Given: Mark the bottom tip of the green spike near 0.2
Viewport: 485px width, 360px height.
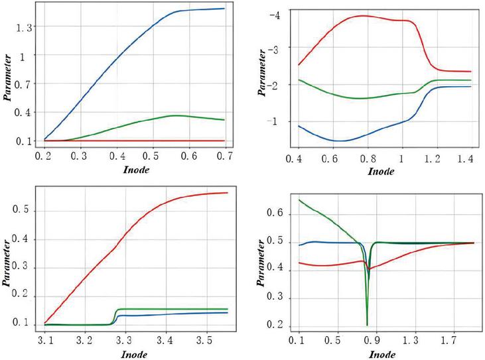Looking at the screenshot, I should click(x=367, y=326).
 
